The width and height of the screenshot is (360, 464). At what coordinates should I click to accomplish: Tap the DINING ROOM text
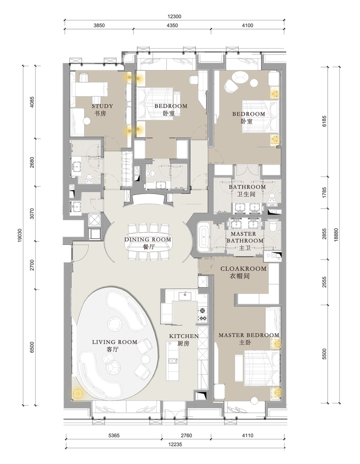148,240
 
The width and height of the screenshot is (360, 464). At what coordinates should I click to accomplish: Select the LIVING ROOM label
115,342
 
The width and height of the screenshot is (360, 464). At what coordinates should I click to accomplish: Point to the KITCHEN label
184,336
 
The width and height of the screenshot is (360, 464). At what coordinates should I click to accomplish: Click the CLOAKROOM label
243,269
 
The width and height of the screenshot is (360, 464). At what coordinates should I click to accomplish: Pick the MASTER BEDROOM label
249,335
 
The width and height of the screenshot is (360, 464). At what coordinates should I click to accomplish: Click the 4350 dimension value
172,25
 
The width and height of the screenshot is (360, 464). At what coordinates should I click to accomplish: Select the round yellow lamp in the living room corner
77,393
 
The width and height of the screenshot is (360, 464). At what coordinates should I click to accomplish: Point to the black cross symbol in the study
87,121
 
